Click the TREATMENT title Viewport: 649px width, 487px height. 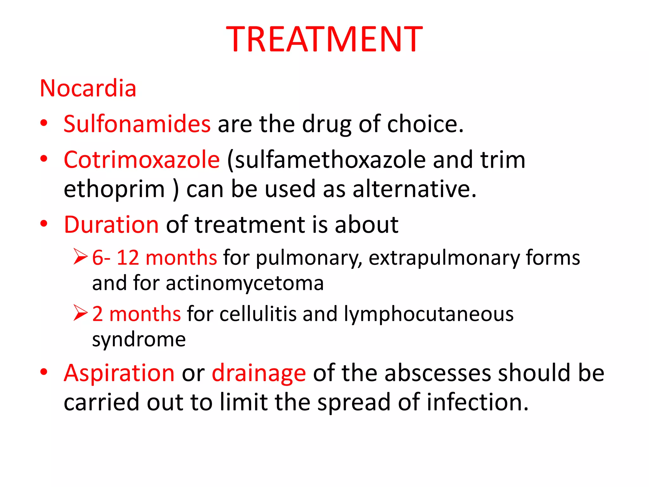pos(324,39)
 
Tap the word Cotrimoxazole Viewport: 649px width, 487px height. pos(142,159)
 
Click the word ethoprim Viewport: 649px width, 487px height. pos(114,189)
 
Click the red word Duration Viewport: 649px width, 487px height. pos(111,224)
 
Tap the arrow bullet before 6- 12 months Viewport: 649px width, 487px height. pos(80,256)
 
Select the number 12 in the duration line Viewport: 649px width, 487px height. pos(128,257)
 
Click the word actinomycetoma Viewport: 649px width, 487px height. pos(245,283)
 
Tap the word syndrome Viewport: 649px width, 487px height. pos(139,340)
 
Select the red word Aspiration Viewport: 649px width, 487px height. pos(119,373)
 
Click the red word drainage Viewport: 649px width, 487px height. pos(259,373)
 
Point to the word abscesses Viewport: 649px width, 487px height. pos(437,373)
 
